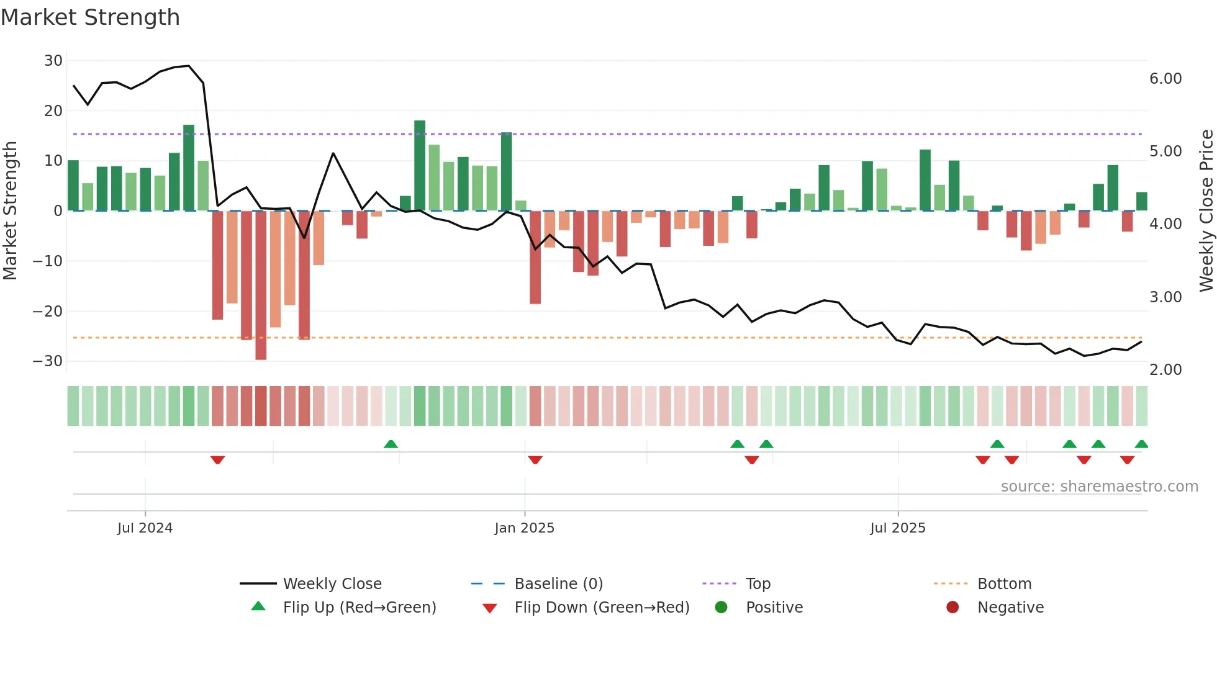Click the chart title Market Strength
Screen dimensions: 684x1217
pos(90,17)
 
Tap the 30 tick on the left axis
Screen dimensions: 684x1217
pos(53,61)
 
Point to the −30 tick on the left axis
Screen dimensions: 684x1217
pos(48,361)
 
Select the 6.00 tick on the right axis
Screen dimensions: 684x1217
pos(1165,79)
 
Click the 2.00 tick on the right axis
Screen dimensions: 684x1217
pos(1165,370)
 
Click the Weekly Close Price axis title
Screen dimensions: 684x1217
pos(1206,211)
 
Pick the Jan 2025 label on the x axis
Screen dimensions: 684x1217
pos(524,528)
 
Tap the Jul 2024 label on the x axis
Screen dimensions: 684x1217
pos(145,528)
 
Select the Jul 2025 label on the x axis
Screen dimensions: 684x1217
pos(897,528)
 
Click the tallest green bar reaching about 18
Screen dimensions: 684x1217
pos(420,165)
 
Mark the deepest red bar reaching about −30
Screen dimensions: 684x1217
pos(261,286)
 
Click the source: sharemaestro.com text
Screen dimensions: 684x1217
pos(1099,487)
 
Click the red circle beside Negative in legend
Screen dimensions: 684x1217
pos(952,608)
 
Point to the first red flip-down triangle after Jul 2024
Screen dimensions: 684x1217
pos(217,460)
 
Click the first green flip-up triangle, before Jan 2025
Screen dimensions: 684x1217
pos(391,444)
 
